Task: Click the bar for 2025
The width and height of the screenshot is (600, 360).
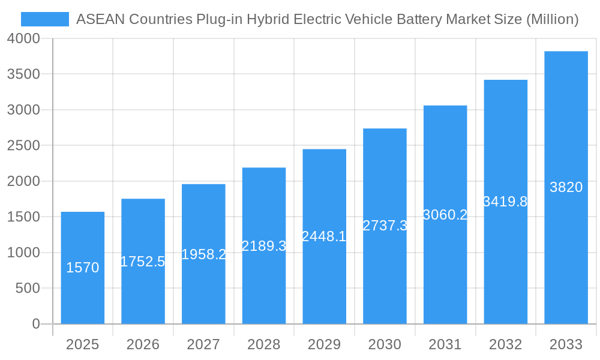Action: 83,268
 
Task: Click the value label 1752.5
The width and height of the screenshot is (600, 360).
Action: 143,262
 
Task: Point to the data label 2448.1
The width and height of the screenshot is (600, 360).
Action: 324,236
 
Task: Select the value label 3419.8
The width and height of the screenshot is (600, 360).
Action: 505,202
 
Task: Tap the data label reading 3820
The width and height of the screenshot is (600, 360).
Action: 566,187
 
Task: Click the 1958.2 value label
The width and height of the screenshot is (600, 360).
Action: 203,254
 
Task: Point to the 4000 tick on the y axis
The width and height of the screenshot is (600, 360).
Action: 24,38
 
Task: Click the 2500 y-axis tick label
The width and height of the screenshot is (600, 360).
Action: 24,146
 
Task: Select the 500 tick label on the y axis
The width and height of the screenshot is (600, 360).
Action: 28,289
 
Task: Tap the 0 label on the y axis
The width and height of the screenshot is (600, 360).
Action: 36,324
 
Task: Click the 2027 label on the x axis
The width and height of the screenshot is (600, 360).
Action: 203,344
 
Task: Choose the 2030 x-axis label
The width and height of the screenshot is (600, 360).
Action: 385,344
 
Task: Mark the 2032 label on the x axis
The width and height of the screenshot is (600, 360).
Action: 505,344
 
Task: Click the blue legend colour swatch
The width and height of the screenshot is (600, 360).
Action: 45,19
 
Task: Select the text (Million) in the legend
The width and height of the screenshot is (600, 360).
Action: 552,19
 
